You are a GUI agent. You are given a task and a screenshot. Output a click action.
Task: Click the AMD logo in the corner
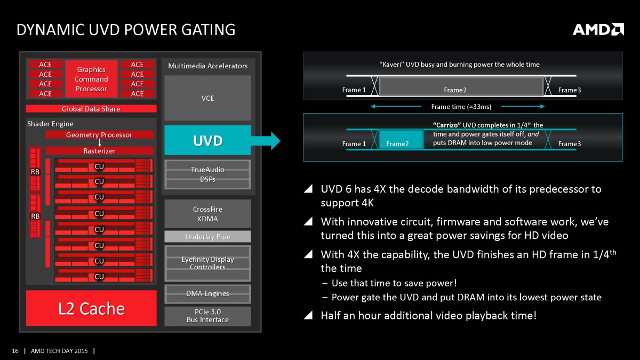tap(598, 29)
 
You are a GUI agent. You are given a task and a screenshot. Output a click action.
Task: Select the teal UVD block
tap(207, 140)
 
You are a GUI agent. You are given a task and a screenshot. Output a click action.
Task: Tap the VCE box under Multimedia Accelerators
tap(207, 98)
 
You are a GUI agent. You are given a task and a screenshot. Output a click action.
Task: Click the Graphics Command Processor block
tap(91, 79)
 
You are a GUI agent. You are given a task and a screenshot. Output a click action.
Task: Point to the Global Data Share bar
tap(91, 109)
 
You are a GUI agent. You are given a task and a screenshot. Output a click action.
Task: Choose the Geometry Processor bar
tap(99, 134)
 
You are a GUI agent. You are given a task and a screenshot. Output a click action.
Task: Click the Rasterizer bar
tap(99, 150)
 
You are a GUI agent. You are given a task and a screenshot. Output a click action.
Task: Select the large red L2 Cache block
tap(91, 308)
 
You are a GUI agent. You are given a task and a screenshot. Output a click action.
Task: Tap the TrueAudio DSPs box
tap(207, 174)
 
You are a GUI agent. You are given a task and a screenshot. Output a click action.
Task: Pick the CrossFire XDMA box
tap(207, 214)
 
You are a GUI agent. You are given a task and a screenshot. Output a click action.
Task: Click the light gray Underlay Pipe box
tap(207, 237)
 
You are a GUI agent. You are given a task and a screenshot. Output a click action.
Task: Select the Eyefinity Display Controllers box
tap(207, 263)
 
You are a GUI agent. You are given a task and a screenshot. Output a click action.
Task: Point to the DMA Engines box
tap(207, 294)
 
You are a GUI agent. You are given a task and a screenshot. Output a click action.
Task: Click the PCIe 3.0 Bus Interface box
tap(207, 316)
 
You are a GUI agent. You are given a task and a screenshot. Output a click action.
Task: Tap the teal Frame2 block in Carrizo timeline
tap(401, 139)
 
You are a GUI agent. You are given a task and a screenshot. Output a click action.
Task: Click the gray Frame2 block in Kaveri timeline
tap(461, 86)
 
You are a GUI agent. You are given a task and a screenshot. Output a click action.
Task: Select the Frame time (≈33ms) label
tap(461, 107)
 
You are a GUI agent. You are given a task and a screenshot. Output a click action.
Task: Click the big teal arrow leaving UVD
tap(266, 141)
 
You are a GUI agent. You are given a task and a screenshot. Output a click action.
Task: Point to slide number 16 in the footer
tap(15, 351)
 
